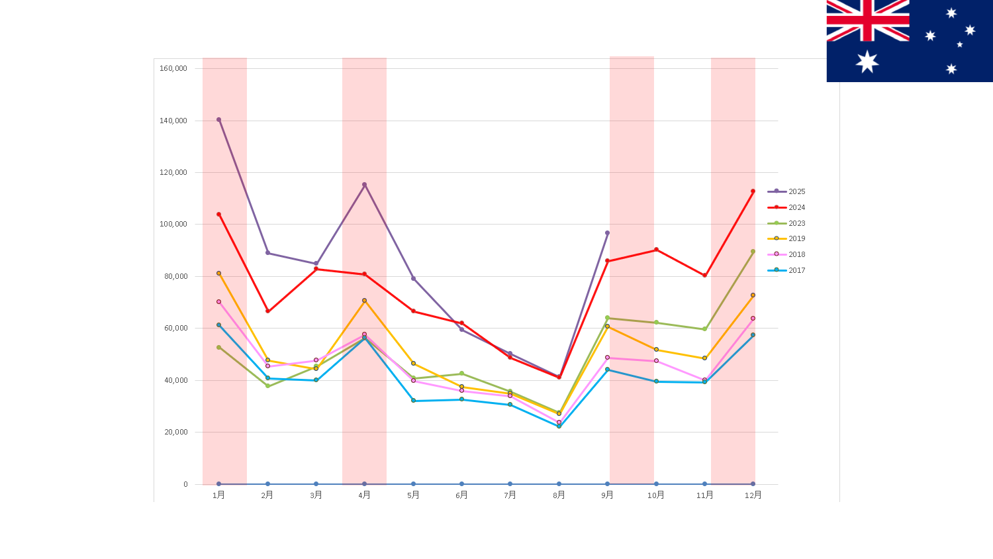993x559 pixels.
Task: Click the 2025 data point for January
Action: [218, 120]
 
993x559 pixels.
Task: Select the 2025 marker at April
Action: [364, 185]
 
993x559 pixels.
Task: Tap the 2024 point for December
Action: [753, 191]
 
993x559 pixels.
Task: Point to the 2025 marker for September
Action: [607, 233]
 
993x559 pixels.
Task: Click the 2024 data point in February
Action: [267, 311]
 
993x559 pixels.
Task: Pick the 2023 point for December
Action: [753, 252]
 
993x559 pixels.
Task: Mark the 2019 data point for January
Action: [218, 273]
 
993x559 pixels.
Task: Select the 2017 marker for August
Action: [559, 426]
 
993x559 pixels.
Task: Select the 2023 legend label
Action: [796, 223]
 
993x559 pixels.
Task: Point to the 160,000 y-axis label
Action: [173, 68]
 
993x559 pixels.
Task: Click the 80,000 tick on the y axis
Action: [175, 276]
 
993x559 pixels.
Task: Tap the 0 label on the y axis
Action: [185, 484]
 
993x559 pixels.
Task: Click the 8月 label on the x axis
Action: [559, 495]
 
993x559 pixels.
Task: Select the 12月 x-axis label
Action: [753, 495]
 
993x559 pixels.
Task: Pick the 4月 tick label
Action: [364, 495]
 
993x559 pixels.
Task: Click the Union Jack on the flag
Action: [867, 21]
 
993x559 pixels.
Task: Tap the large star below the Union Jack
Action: [867, 62]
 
